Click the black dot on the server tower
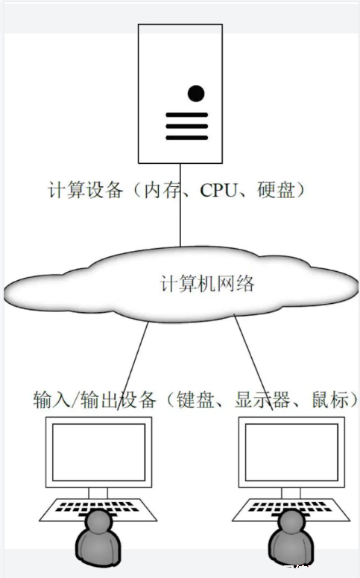click(x=196, y=93)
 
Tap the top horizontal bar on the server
click(x=187, y=115)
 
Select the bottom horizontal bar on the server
click(x=187, y=138)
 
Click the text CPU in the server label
click(x=219, y=191)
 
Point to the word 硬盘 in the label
click(x=277, y=190)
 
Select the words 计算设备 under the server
click(x=85, y=190)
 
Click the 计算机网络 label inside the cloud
click(x=207, y=284)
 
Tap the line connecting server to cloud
click(x=180, y=205)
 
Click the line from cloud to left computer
click(x=133, y=366)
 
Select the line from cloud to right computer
click(x=253, y=362)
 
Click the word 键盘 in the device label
click(x=195, y=399)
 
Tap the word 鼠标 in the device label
click(x=330, y=399)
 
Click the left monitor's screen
click(x=99, y=452)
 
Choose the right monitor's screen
click(x=291, y=452)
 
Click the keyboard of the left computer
click(x=98, y=509)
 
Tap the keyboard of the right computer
click(x=291, y=509)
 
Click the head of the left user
click(x=98, y=521)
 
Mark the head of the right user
click(x=291, y=521)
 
